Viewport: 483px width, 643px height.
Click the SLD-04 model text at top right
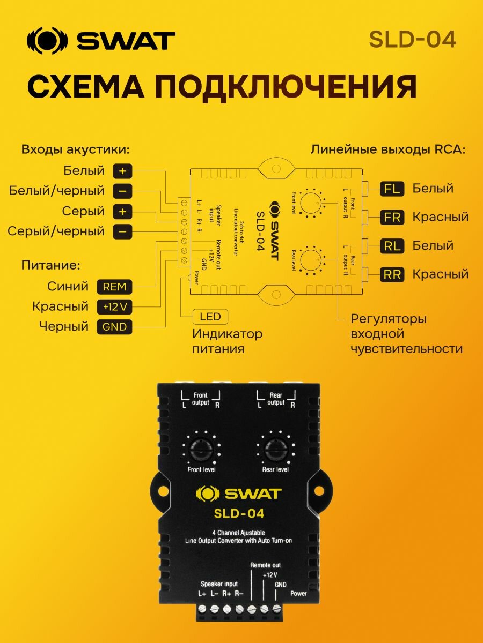[412, 39]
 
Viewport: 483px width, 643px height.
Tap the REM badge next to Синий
[114, 287]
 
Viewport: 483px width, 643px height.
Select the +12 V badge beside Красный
[114, 307]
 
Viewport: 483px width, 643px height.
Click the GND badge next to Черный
[114, 326]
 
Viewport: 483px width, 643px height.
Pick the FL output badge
[392, 189]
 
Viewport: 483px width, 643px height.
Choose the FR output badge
[392, 217]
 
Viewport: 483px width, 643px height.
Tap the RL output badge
[392, 245]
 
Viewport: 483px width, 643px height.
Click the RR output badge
[392, 274]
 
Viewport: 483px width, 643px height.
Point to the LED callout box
[210, 317]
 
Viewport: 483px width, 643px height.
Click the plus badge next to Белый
[122, 171]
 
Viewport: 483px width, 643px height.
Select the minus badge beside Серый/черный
[122, 231]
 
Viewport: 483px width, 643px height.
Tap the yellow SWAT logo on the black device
[239, 493]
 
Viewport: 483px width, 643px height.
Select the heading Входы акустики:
[76, 149]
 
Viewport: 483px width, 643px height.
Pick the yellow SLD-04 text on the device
[239, 513]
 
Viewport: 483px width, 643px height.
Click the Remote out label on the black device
[265, 565]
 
